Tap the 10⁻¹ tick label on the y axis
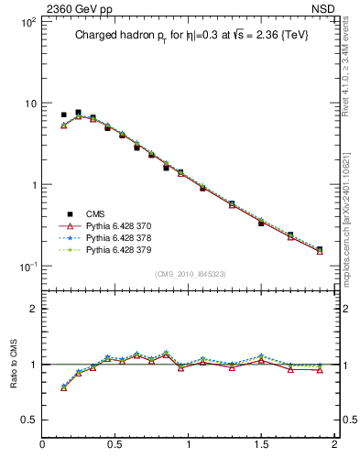(26, 267)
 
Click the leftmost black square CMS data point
(63, 115)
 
